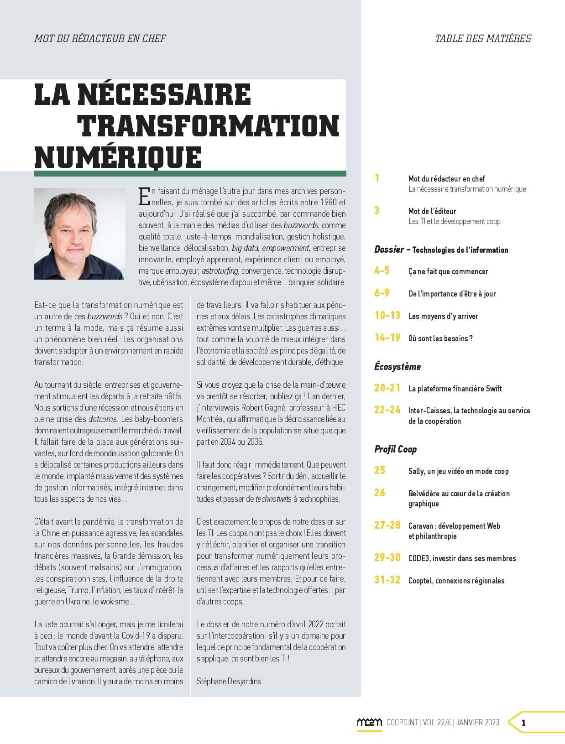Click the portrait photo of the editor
79,234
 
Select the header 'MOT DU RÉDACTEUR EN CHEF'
100,38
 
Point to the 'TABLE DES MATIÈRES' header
483,38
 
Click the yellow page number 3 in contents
377,210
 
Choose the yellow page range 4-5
382,271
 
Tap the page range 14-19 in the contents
387,338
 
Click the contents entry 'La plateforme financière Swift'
455,389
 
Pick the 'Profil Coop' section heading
395,449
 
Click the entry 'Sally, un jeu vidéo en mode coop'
458,471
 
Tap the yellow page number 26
380,493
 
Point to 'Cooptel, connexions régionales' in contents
456,581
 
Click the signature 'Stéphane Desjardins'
229,681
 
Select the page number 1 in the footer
523,723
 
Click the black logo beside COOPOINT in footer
369,723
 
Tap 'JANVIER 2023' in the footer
478,723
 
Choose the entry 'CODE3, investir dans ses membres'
462,558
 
